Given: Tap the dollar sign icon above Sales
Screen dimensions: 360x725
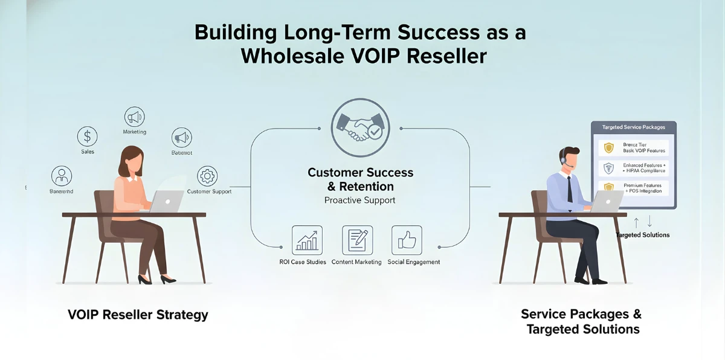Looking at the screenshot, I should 88,136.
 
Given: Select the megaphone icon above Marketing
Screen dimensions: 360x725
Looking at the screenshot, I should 134,116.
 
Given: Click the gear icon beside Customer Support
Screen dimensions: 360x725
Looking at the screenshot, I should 207,176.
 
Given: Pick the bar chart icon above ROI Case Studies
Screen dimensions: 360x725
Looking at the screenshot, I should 307,240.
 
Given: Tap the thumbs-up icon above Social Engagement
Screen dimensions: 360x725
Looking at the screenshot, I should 406,240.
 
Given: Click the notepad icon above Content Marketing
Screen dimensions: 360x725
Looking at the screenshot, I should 356,240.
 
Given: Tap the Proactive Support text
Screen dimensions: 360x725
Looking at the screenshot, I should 359,200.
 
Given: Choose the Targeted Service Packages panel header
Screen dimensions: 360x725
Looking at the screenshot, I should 633,128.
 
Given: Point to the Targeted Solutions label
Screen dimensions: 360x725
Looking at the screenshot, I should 642,234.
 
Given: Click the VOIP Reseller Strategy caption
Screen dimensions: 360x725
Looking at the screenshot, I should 138,315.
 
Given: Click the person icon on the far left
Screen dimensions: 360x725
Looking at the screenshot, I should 61,176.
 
